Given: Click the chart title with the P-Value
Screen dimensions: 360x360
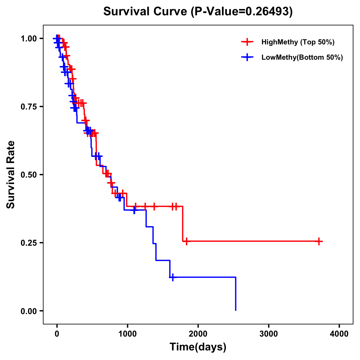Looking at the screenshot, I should point(198,12).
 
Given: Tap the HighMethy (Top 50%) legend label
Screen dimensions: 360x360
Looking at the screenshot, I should point(298,42).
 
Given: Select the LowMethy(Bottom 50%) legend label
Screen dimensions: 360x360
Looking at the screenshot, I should point(302,57).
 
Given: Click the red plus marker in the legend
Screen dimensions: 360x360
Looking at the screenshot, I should point(247,42).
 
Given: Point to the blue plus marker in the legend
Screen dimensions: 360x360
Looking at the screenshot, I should point(247,57).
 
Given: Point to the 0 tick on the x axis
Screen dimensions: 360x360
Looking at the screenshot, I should point(57,334).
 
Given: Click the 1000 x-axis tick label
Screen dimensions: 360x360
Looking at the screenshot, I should point(127,334).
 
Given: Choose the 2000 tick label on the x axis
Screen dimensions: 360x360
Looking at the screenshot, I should point(198,334).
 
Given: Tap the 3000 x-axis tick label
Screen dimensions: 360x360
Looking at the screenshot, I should point(268,334).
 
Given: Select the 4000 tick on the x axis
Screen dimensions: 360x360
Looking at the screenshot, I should point(339,334).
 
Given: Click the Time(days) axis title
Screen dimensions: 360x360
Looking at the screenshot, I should point(198,347).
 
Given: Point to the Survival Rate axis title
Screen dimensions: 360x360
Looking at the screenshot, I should point(11,175).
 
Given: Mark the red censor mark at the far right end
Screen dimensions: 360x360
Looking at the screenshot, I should point(319,241).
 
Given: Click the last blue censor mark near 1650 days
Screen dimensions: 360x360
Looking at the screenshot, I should point(172,277).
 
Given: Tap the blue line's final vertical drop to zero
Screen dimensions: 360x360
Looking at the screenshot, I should point(236,294).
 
